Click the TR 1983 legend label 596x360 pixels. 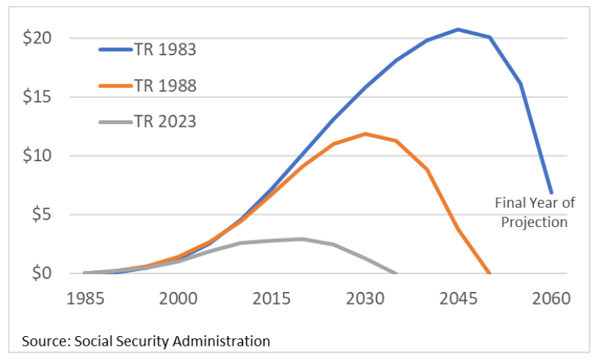[x=165, y=50]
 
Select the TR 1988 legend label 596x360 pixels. [x=165, y=86]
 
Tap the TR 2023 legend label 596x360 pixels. [x=165, y=121]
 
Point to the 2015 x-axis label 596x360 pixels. [x=271, y=297]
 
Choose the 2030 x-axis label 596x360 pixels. [x=364, y=297]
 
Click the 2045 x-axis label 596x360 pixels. [x=458, y=297]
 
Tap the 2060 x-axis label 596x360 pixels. [x=551, y=297]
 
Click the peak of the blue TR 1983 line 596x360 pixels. [x=458, y=29]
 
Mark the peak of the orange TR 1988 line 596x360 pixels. [x=364, y=134]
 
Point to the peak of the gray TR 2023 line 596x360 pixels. [x=302, y=239]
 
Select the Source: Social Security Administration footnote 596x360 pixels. [x=146, y=341]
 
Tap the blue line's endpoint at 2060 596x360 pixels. [x=551, y=193]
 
